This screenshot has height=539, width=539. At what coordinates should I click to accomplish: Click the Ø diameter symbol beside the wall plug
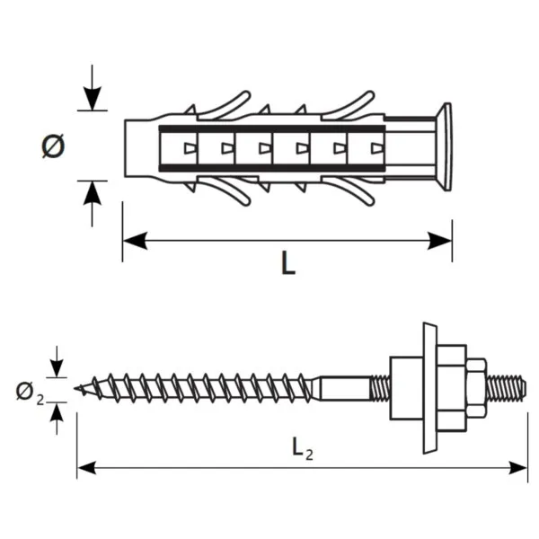(x=53, y=146)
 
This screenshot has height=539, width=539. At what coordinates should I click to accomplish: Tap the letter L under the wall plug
(x=287, y=263)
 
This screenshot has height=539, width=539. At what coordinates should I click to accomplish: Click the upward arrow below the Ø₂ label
(x=57, y=414)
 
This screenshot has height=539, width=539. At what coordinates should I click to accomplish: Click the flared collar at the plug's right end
(x=443, y=146)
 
